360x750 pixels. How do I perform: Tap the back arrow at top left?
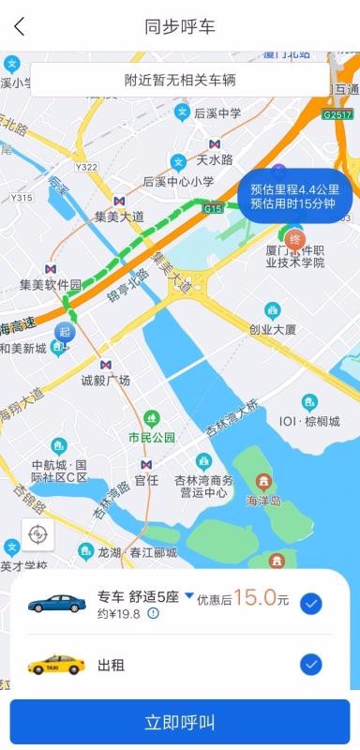20,26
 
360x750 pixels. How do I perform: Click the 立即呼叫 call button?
180,722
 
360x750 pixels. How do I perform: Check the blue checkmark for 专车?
311,604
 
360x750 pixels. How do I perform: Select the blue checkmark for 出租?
311,665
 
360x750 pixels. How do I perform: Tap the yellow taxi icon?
56,665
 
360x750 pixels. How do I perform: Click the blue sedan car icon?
56,603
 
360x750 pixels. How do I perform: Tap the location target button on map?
37,534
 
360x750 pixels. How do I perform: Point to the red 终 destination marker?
295,238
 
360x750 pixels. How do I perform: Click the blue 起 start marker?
64,332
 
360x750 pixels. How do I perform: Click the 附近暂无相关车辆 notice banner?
180,80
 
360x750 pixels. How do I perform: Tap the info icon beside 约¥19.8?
153,614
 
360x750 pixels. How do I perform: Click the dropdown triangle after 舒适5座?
188,595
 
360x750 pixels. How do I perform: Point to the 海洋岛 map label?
263,502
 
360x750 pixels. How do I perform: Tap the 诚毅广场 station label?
106,380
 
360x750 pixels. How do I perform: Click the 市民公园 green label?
152,438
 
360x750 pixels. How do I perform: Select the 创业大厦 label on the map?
273,329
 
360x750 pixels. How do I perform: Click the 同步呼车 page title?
180,26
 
